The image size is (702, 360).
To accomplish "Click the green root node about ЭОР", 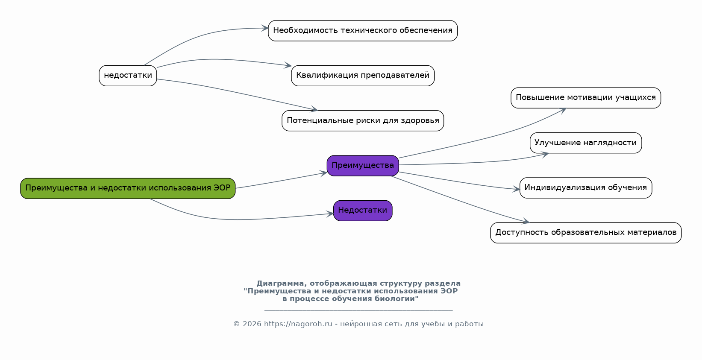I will tap(128, 188).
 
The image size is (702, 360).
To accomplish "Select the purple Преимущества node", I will tap(363, 166).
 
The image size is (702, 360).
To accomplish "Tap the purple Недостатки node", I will tap(363, 211).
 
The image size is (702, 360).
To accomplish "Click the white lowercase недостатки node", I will tap(128, 76).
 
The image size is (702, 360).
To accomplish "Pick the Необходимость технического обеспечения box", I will tap(363, 31).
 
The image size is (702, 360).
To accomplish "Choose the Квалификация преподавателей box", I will tap(363, 76).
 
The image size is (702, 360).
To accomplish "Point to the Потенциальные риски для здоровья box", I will tap(363, 121).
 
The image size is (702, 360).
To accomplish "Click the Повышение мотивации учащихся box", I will tap(585, 98).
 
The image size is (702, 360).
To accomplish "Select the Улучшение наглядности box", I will tap(585, 143).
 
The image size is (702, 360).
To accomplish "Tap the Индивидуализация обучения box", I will tap(585, 188).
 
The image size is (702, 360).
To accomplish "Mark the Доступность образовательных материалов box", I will tap(585, 233).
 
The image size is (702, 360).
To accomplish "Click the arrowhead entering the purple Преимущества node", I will tap(324, 173).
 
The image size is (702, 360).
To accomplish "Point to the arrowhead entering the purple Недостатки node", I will tap(330, 214).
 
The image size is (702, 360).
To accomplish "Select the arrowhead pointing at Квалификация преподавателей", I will tap(288, 66).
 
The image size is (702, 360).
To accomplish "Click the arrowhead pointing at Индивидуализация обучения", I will tap(517, 189).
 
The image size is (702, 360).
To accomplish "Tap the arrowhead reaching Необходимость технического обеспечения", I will tap(265, 29).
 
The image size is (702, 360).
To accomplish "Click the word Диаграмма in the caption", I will tap(280, 284).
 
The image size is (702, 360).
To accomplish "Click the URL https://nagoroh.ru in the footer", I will tap(298, 324).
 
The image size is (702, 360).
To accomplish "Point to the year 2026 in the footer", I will tap(252, 324).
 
